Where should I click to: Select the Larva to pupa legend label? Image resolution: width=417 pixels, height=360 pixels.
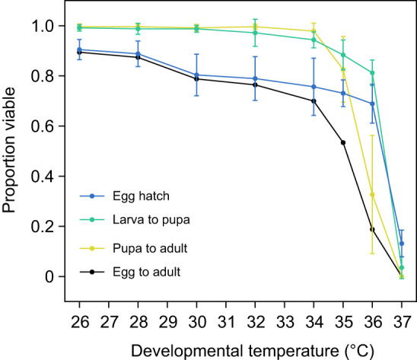tap(151, 220)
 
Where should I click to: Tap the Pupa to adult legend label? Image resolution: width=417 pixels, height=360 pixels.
tap(150, 249)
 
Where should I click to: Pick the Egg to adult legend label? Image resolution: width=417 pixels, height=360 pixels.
tap(147, 272)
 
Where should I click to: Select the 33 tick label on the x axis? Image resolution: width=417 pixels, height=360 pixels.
tap(285, 322)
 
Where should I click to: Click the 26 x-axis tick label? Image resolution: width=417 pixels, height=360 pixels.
tap(79, 322)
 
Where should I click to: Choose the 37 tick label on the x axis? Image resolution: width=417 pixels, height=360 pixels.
tap(402, 322)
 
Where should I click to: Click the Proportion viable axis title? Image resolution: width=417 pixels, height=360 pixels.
tap(9, 150)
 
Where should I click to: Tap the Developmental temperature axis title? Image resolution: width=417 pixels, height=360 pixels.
tap(253, 351)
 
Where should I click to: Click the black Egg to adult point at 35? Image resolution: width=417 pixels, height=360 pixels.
tap(343, 143)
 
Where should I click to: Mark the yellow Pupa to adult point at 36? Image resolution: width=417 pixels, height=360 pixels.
tap(372, 195)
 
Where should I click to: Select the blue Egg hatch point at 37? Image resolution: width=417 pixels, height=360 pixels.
tap(402, 244)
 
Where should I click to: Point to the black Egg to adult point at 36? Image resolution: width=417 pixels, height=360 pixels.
tap(372, 229)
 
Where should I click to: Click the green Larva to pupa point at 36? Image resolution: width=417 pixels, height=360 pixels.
tap(372, 72)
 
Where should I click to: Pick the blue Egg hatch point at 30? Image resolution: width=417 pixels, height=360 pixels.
tap(196, 75)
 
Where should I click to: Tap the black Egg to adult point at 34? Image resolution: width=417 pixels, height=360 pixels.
tap(314, 101)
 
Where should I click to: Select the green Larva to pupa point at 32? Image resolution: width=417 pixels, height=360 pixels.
tap(255, 33)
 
